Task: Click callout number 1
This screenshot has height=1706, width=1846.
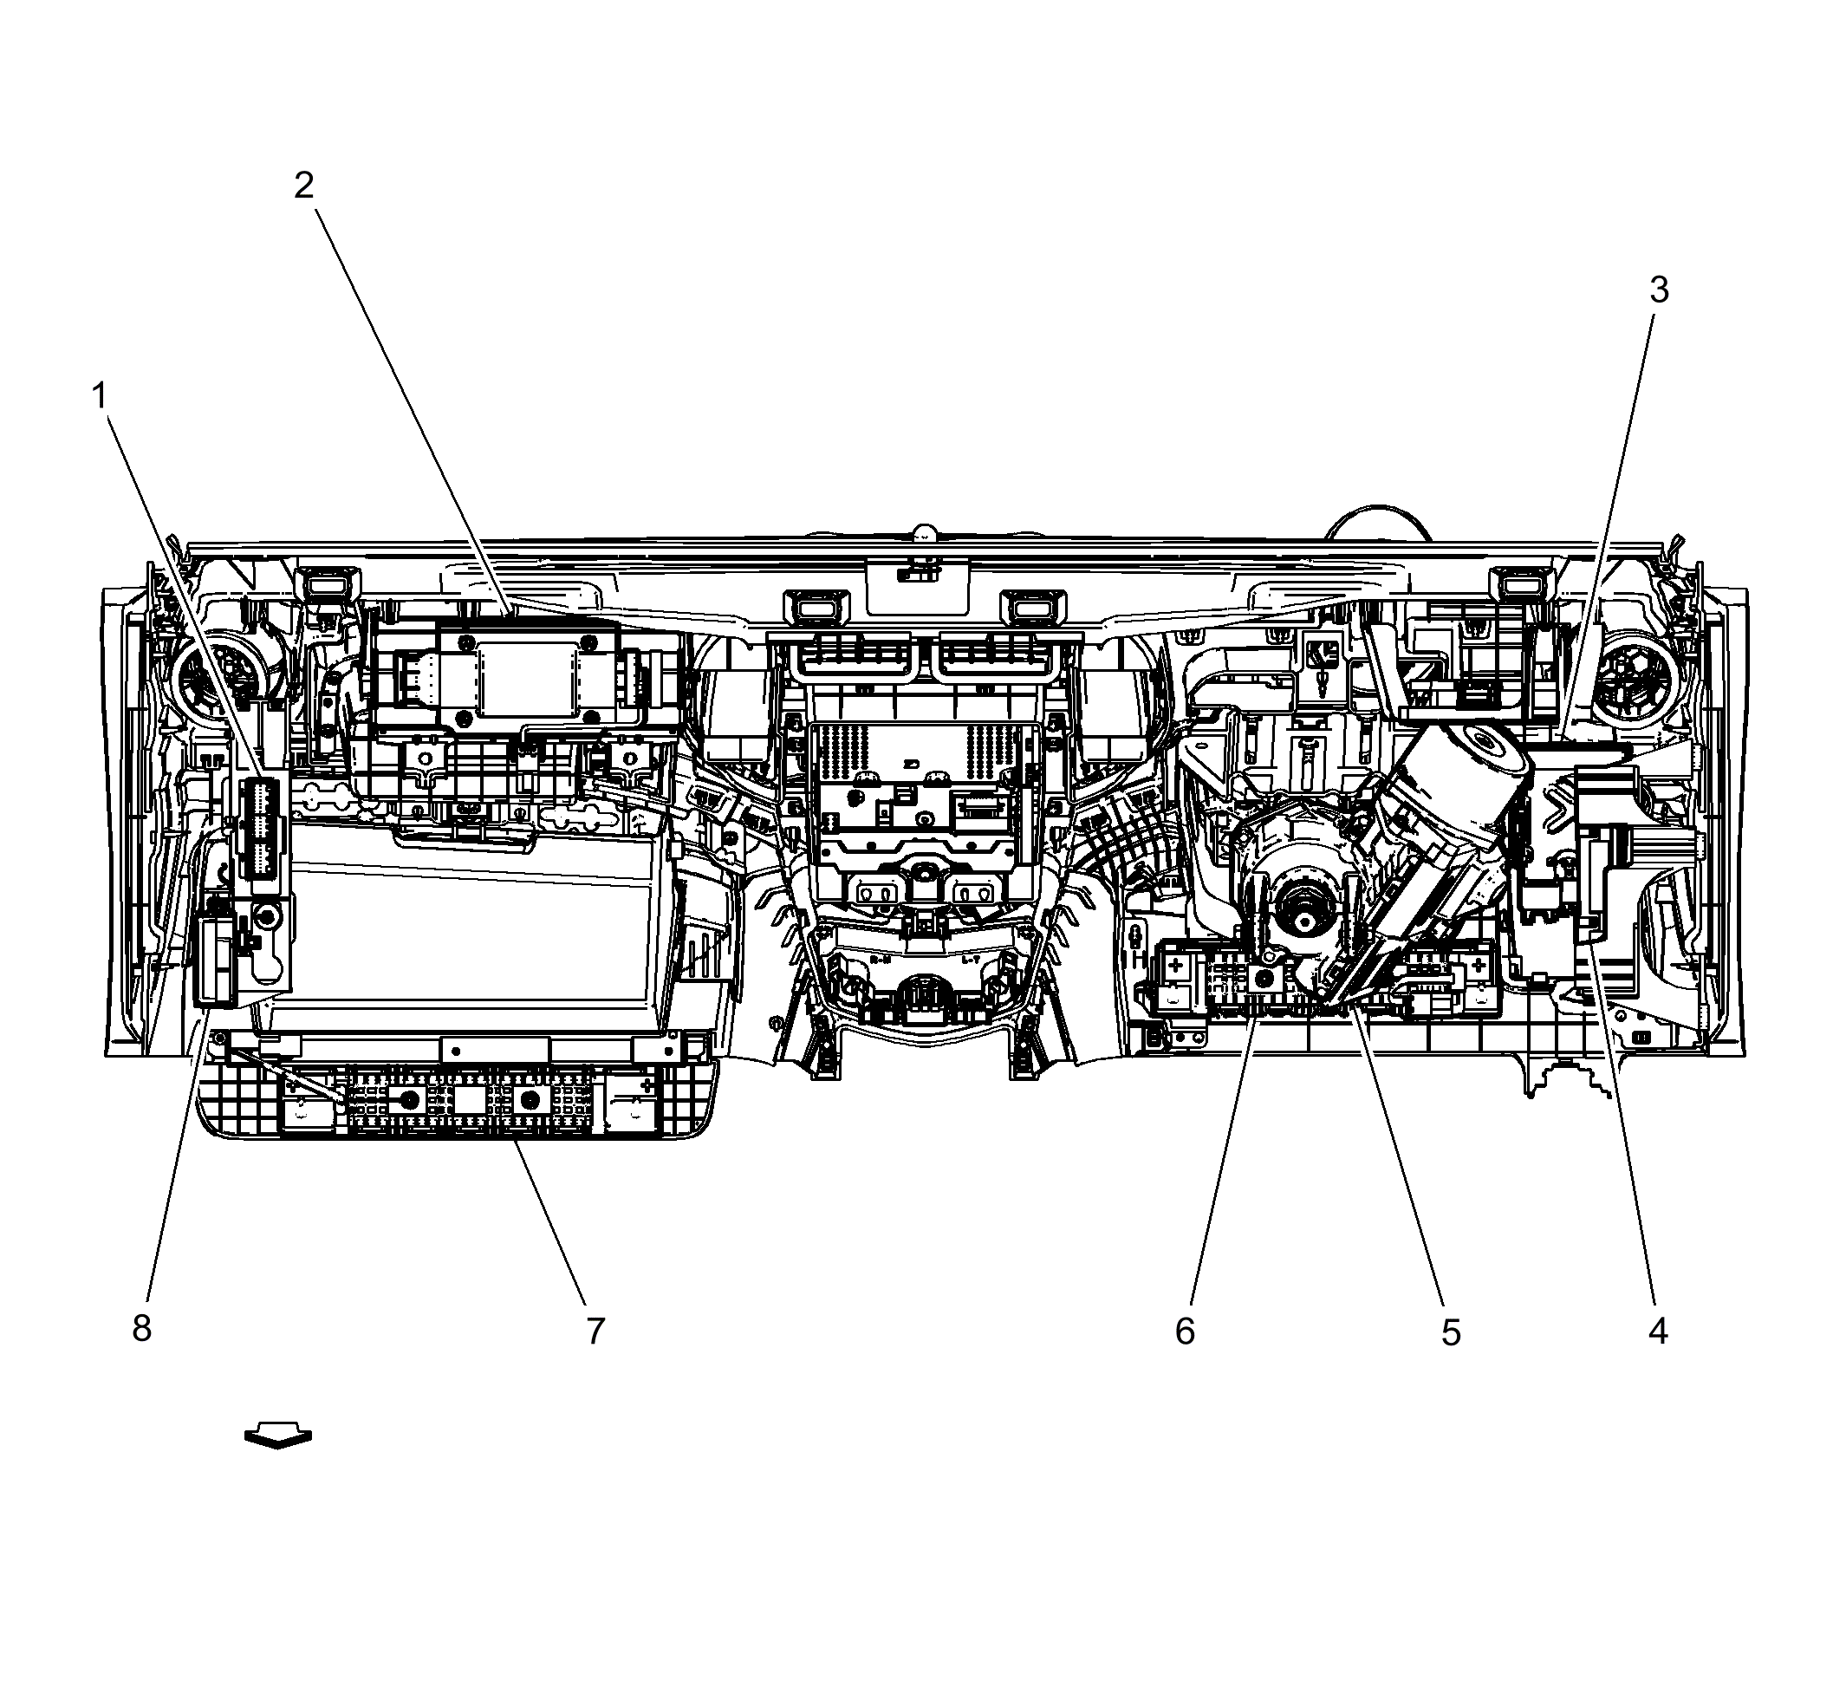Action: click(x=99, y=397)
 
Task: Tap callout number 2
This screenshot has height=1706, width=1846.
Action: click(x=303, y=186)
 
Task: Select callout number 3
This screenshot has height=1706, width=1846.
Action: click(x=1659, y=290)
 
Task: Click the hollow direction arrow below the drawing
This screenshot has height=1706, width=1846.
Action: click(x=278, y=1436)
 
